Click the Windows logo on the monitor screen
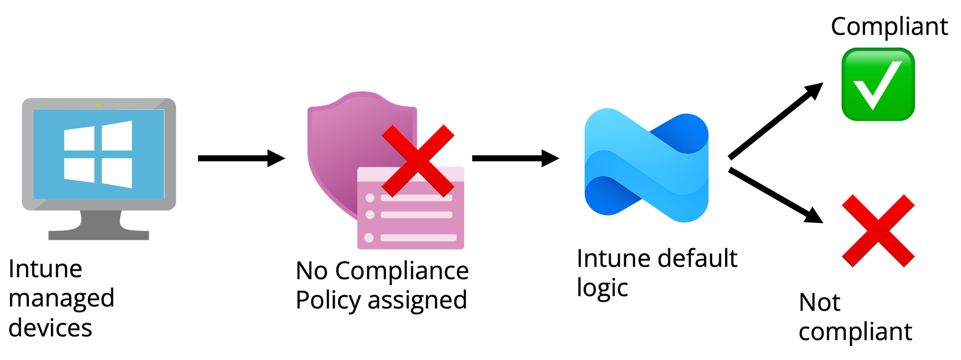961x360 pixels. coord(98,154)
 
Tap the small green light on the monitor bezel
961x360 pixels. coord(98,104)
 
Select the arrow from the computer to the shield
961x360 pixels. coord(240,158)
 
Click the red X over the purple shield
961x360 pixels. coord(418,161)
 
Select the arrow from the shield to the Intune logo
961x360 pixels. coord(515,158)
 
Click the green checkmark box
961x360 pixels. coord(878,84)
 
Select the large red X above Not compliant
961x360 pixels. coord(878,231)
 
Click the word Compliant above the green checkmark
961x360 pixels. coord(889,26)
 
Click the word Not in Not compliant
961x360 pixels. coord(819,303)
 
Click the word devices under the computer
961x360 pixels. coord(50,328)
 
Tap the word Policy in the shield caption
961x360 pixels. coord(328,300)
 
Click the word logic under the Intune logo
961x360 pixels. coord(602,288)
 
